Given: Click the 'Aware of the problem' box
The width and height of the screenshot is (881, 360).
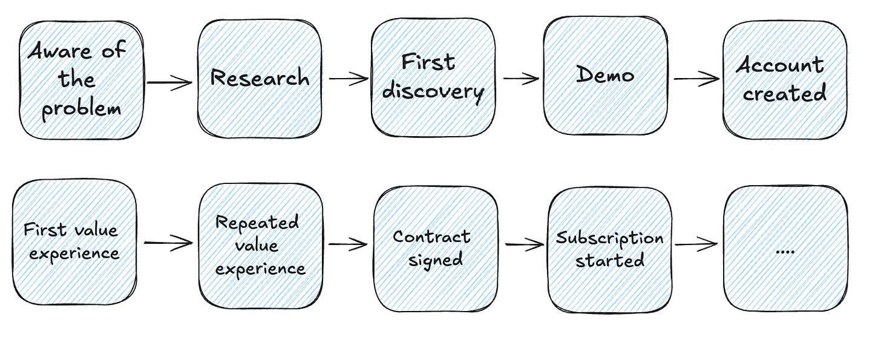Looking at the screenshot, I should click(81, 79).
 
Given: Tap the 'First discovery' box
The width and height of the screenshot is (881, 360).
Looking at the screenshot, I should click(433, 77).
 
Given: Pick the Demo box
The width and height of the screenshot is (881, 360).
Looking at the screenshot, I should click(606, 75).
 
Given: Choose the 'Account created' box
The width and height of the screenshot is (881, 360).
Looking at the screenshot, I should click(784, 79).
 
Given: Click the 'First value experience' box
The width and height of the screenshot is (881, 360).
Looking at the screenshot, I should click(73, 241).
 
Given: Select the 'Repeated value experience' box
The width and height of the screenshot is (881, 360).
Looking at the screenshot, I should click(260, 244).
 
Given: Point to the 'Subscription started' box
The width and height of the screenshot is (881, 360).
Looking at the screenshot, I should click(609, 249).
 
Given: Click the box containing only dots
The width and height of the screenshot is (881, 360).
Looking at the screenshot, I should click(785, 248).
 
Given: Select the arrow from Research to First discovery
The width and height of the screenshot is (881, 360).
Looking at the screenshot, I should click(348, 79).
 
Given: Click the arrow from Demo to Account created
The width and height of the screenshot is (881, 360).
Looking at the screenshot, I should click(696, 78).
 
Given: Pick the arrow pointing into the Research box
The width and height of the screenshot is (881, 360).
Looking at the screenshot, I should click(169, 82).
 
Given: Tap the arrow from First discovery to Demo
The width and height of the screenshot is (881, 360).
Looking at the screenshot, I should click(520, 78).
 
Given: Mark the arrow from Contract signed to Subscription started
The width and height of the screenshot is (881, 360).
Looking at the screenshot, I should click(524, 245).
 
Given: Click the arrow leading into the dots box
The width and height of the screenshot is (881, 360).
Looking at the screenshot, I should click(696, 244).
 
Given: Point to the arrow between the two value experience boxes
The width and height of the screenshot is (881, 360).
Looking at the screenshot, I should click(168, 243).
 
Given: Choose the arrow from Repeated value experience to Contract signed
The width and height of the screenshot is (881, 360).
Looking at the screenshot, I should click(347, 245).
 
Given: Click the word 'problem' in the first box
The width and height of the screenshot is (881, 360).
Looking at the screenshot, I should click(81, 109).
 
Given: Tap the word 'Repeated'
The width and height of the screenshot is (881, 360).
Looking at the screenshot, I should click(257, 223).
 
